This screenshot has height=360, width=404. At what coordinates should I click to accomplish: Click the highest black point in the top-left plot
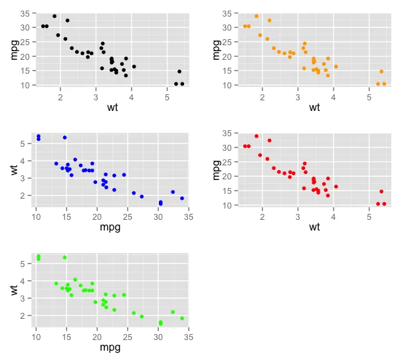pyautogui.click(x=54, y=16)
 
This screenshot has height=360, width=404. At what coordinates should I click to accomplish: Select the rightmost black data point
pyautogui.click(x=182, y=84)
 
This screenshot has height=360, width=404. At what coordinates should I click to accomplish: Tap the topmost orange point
pyautogui.click(x=256, y=16)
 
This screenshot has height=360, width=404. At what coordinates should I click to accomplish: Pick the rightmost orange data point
pyautogui.click(x=384, y=84)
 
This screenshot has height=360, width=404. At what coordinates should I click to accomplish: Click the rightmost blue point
pyautogui.click(x=182, y=198)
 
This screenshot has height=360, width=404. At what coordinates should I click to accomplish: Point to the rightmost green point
pyautogui.click(x=182, y=318)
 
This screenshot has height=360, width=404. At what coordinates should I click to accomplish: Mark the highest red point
pyautogui.click(x=256, y=136)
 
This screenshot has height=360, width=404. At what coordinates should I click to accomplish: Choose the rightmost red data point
pyautogui.click(x=384, y=204)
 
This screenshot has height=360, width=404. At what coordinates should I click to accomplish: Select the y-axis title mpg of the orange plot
pyautogui.click(x=217, y=50)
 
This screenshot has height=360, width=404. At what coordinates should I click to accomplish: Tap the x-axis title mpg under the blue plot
pyautogui.click(x=109, y=227)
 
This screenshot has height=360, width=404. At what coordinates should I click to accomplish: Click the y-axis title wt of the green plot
pyautogui.click(x=15, y=290)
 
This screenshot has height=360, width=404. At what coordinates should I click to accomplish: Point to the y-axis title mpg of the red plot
pyautogui.click(x=217, y=170)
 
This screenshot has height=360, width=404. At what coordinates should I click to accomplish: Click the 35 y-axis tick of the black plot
pyautogui.click(x=25, y=13)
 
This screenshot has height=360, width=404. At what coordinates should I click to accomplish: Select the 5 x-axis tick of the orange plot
pyautogui.click(x=369, y=96)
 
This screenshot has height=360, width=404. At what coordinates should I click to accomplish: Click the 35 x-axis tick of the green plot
pyautogui.click(x=189, y=336)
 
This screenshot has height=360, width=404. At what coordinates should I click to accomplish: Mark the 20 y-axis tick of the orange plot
pyautogui.click(x=227, y=56)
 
